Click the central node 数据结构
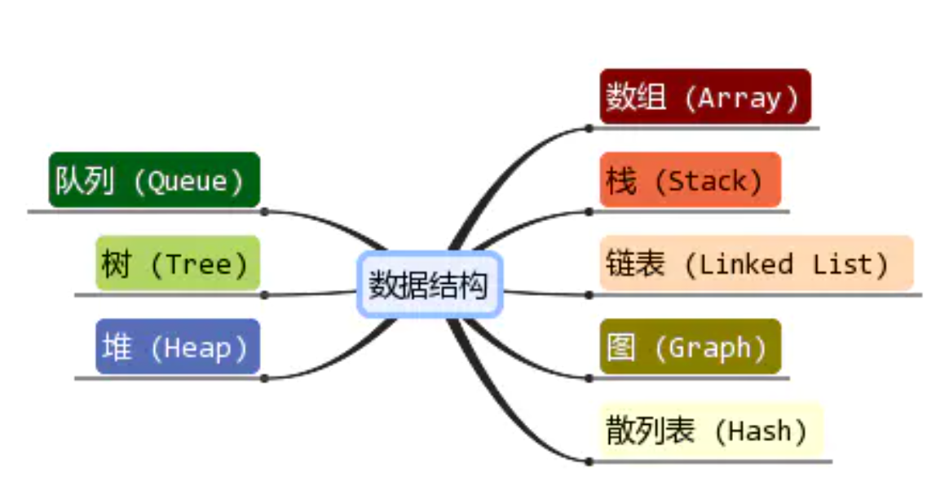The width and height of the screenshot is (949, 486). pos(429,285)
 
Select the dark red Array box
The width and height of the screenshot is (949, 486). pos(705,97)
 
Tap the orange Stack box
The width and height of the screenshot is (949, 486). pos(690,180)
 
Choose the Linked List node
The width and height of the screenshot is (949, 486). pos(756,263)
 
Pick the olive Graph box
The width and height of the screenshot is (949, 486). pos(690,347)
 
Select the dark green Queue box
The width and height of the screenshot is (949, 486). pos(154,180)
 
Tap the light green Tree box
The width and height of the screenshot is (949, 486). pos(178,263)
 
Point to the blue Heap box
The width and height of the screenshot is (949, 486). pos(178,347)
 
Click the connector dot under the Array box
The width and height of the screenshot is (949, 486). pos(589,128)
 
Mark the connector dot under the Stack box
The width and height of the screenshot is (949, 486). pos(589,212)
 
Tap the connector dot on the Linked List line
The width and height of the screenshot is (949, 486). pos(589,294)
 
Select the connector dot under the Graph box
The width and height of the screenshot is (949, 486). pos(589,378)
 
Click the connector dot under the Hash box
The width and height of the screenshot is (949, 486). pos(589,462)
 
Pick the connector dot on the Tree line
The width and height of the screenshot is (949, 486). pos(264,294)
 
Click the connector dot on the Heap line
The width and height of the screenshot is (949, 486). pos(264,378)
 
